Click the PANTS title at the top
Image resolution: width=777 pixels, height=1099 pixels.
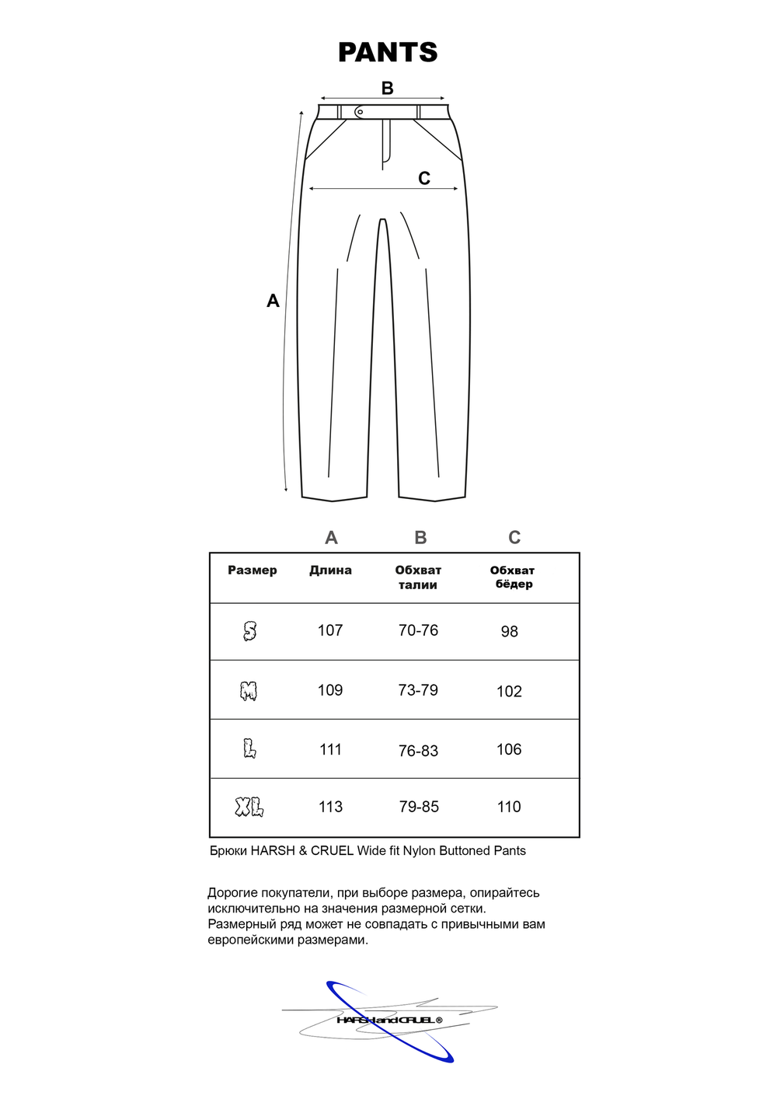[388, 52]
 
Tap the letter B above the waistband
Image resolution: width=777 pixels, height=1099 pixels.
[387, 89]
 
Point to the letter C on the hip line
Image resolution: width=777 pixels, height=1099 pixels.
[424, 179]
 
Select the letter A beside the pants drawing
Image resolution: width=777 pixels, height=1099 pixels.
[273, 301]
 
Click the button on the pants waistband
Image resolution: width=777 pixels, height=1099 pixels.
[359, 112]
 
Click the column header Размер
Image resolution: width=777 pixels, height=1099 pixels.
[252, 570]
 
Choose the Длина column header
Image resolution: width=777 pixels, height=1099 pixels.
[330, 570]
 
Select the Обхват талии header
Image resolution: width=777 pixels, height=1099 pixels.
[418, 577]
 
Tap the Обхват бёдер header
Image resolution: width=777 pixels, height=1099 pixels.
[513, 577]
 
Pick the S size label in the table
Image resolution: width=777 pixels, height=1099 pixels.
[249, 631]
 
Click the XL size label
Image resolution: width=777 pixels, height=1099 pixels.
[249, 808]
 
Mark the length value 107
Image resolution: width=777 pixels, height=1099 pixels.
[330, 630]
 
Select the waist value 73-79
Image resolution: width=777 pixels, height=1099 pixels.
[418, 690]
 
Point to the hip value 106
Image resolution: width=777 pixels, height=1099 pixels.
[509, 749]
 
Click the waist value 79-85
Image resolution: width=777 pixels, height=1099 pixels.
[419, 808]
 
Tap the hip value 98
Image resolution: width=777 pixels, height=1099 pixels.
[509, 632]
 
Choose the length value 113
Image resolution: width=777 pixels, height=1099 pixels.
[330, 808]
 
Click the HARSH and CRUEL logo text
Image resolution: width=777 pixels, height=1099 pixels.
[389, 1020]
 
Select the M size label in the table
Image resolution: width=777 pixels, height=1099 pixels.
[249, 691]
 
